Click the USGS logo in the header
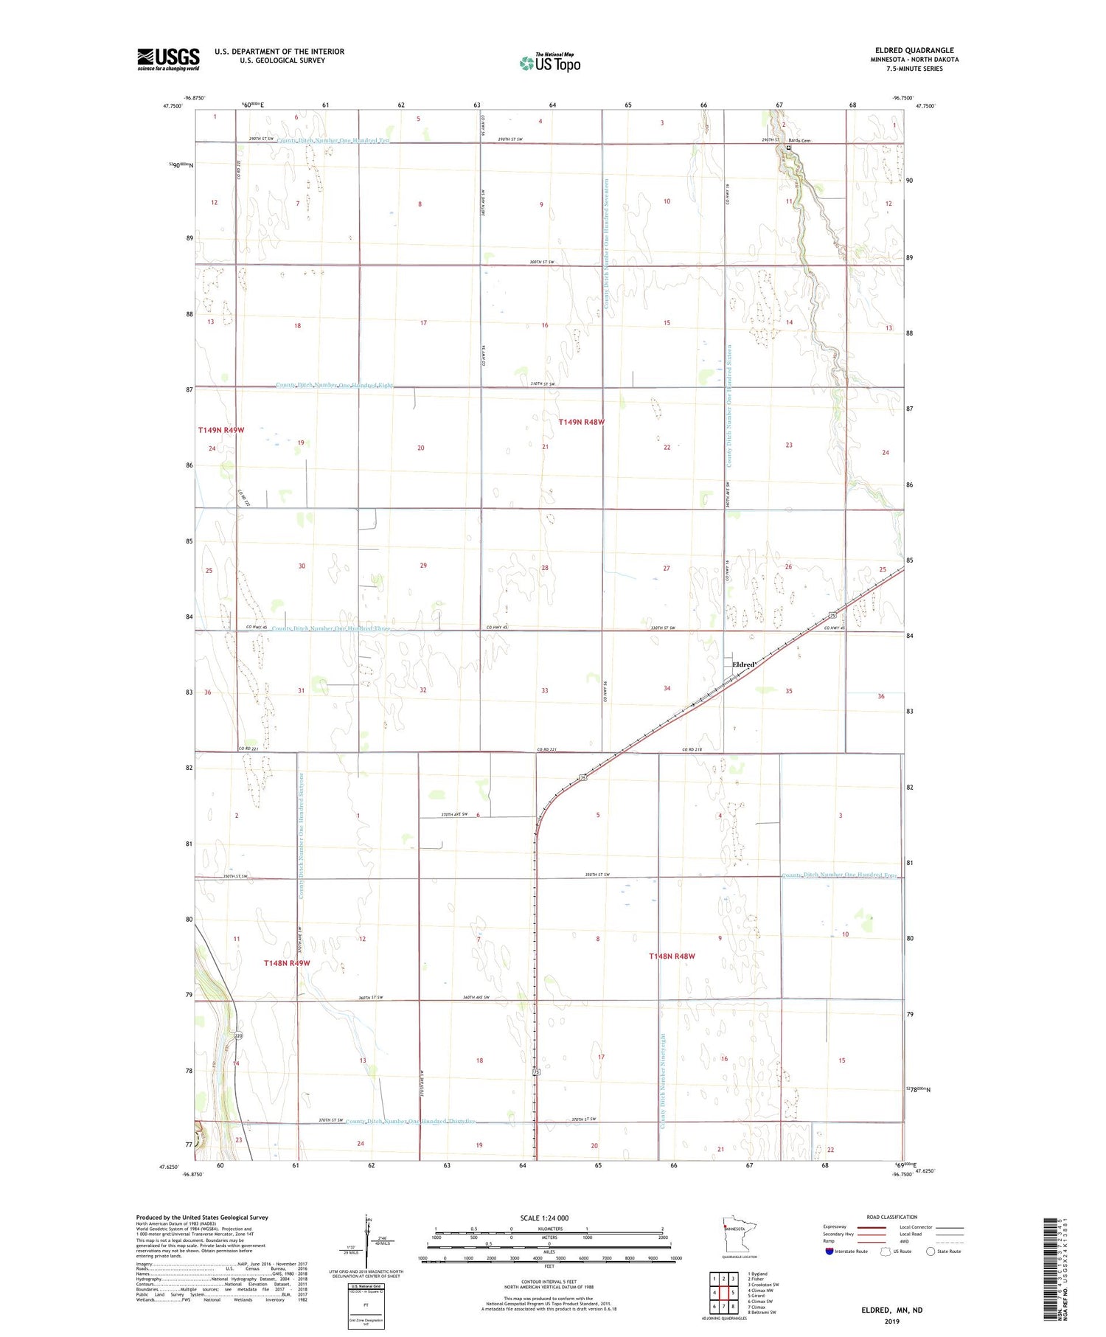pyautogui.click(x=168, y=59)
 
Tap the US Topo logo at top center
pyautogui.click(x=550, y=63)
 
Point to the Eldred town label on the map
pyautogui.click(x=743, y=665)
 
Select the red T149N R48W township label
pyautogui.click(x=582, y=422)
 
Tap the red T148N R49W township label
pyautogui.click(x=287, y=963)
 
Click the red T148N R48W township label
pyautogui.click(x=672, y=956)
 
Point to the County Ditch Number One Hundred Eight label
pyautogui.click(x=334, y=385)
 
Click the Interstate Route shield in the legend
pyautogui.click(x=829, y=1251)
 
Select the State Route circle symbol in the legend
pyautogui.click(x=931, y=1251)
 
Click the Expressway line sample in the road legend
pyautogui.click(x=870, y=1227)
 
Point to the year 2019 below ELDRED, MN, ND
pyautogui.click(x=891, y=1321)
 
